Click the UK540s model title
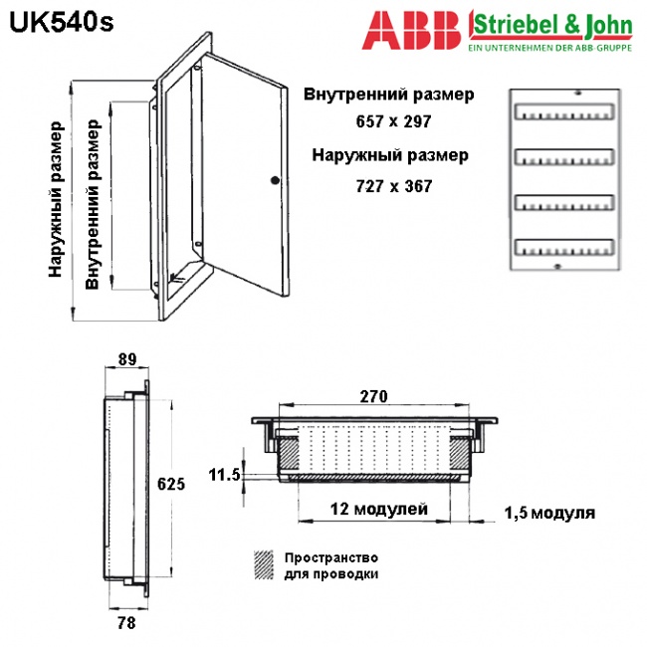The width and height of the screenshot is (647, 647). (61, 23)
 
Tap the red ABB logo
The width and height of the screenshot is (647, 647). (411, 30)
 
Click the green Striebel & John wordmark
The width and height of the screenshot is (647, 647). (552, 25)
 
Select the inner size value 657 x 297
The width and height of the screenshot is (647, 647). (393, 121)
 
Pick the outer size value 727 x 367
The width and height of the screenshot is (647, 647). (394, 186)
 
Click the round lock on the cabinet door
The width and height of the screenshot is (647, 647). (275, 180)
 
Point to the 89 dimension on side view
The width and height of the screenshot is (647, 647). (127, 359)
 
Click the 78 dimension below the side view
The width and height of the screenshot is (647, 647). (126, 623)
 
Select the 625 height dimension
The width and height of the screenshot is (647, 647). (171, 484)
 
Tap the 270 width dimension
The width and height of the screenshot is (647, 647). (374, 396)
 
